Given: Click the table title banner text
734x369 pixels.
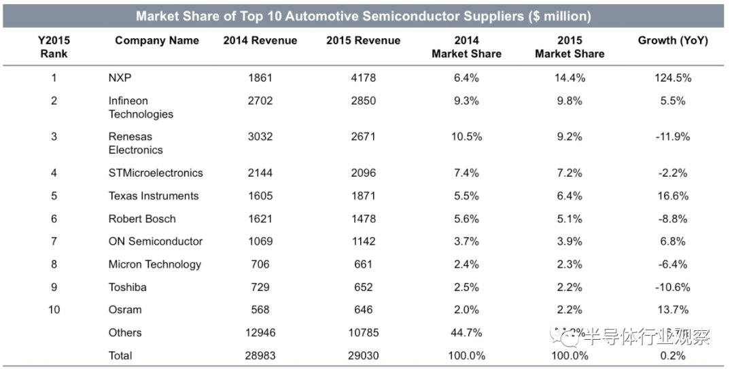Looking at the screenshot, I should (363, 16).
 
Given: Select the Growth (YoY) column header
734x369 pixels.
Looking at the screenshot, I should (672, 41).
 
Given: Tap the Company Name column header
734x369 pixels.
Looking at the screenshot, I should (157, 41).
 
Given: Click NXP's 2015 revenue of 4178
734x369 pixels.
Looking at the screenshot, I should (363, 77).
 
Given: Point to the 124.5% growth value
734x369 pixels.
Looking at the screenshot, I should (672, 77).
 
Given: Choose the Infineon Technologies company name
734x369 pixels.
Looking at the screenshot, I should (141, 107).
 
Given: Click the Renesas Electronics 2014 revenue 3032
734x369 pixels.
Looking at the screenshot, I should (260, 137).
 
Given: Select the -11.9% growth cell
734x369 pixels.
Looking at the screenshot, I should (672, 137).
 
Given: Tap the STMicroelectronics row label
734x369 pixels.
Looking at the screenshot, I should (156, 173).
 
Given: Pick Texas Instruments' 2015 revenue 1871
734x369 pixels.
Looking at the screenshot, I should (363, 196).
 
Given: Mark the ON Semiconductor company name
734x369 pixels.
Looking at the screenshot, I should (156, 241).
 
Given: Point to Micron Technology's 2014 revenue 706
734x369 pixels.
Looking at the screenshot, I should (260, 264).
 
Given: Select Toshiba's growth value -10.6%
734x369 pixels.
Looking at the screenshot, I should (672, 287).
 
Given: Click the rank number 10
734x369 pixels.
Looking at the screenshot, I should (54, 310).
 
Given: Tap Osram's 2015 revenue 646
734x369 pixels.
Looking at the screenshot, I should (363, 310).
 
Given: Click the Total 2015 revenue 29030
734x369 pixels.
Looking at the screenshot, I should (363, 355).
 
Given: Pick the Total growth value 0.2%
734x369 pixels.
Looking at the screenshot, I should (672, 355).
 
